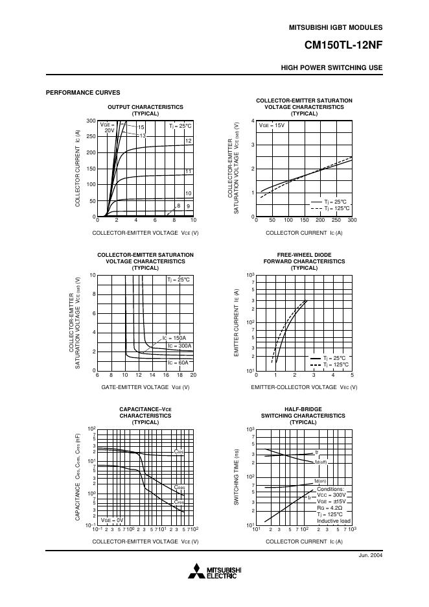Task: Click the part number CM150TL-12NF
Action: (343, 46)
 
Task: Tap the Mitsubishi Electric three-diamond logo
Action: (195, 571)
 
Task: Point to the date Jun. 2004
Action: (370, 556)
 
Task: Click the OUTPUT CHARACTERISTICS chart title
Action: (145, 107)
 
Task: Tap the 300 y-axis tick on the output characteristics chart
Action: (91, 121)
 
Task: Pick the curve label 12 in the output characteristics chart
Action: (189, 141)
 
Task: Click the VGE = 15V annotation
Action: (272, 125)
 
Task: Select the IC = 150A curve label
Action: (174, 338)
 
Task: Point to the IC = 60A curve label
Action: (178, 363)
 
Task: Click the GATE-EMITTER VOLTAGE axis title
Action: (145, 387)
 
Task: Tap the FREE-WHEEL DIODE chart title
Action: (304, 255)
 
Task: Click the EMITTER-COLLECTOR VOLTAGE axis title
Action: (304, 387)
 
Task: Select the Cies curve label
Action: (178, 451)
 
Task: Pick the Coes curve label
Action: (180, 487)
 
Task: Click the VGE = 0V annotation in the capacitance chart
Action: (111, 520)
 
